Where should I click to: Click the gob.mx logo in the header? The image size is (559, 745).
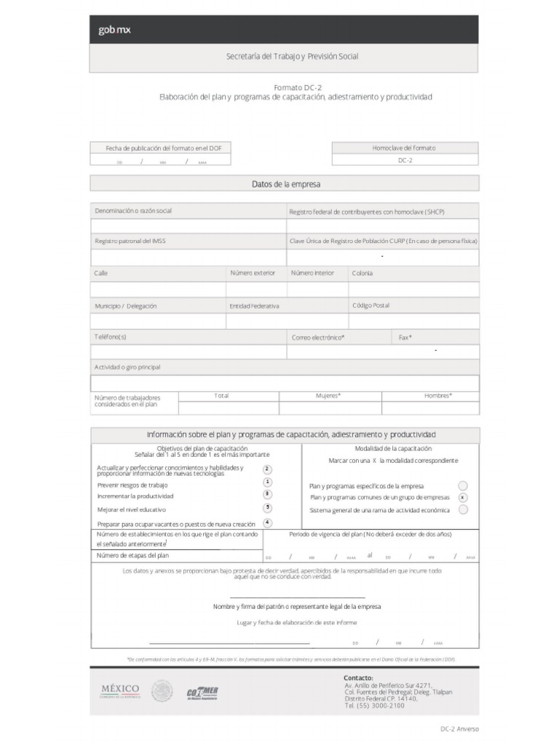[x=115, y=31]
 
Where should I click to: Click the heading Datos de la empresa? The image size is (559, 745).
[x=285, y=185]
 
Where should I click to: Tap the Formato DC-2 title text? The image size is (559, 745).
[x=298, y=87]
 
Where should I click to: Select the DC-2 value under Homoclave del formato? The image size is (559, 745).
[x=405, y=160]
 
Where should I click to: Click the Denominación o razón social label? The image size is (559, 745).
[x=133, y=211]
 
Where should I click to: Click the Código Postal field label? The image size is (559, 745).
[x=370, y=306]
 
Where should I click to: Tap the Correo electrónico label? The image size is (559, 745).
[x=318, y=338]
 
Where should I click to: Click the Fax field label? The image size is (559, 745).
[x=405, y=338]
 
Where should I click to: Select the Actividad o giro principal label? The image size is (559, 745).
[x=127, y=367]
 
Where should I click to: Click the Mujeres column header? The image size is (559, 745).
[x=328, y=396]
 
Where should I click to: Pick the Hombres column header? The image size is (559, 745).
[x=438, y=396]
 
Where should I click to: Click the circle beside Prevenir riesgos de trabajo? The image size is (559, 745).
[x=268, y=482]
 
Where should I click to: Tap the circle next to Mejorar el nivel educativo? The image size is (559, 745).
[x=268, y=508]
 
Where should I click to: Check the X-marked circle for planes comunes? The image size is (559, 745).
[x=463, y=498]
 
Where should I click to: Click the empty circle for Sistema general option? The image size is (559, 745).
[x=463, y=510]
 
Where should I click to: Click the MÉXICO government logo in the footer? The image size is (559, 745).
[x=120, y=690]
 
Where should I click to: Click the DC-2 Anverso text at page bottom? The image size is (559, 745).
[x=459, y=729]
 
